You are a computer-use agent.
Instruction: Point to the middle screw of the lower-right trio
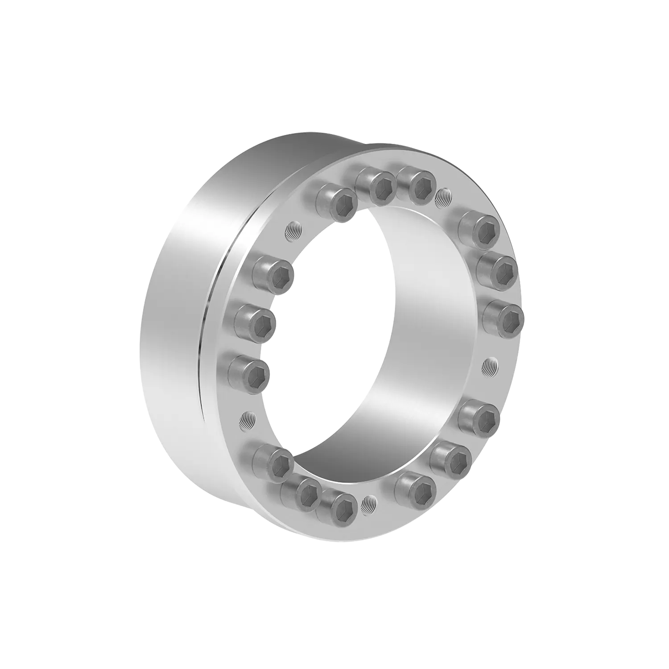coord(452,459)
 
